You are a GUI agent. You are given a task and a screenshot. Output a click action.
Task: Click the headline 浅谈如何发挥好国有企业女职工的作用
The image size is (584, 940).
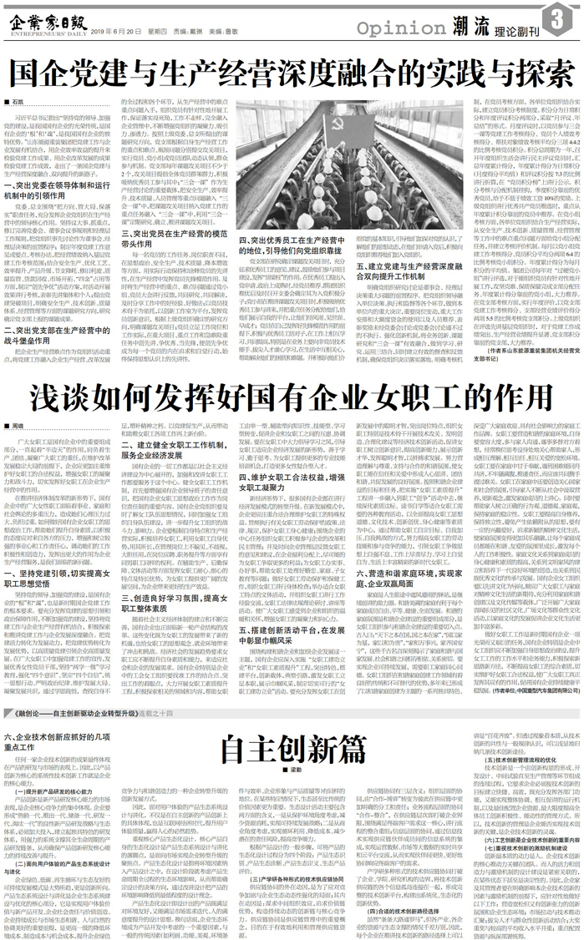292,397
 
